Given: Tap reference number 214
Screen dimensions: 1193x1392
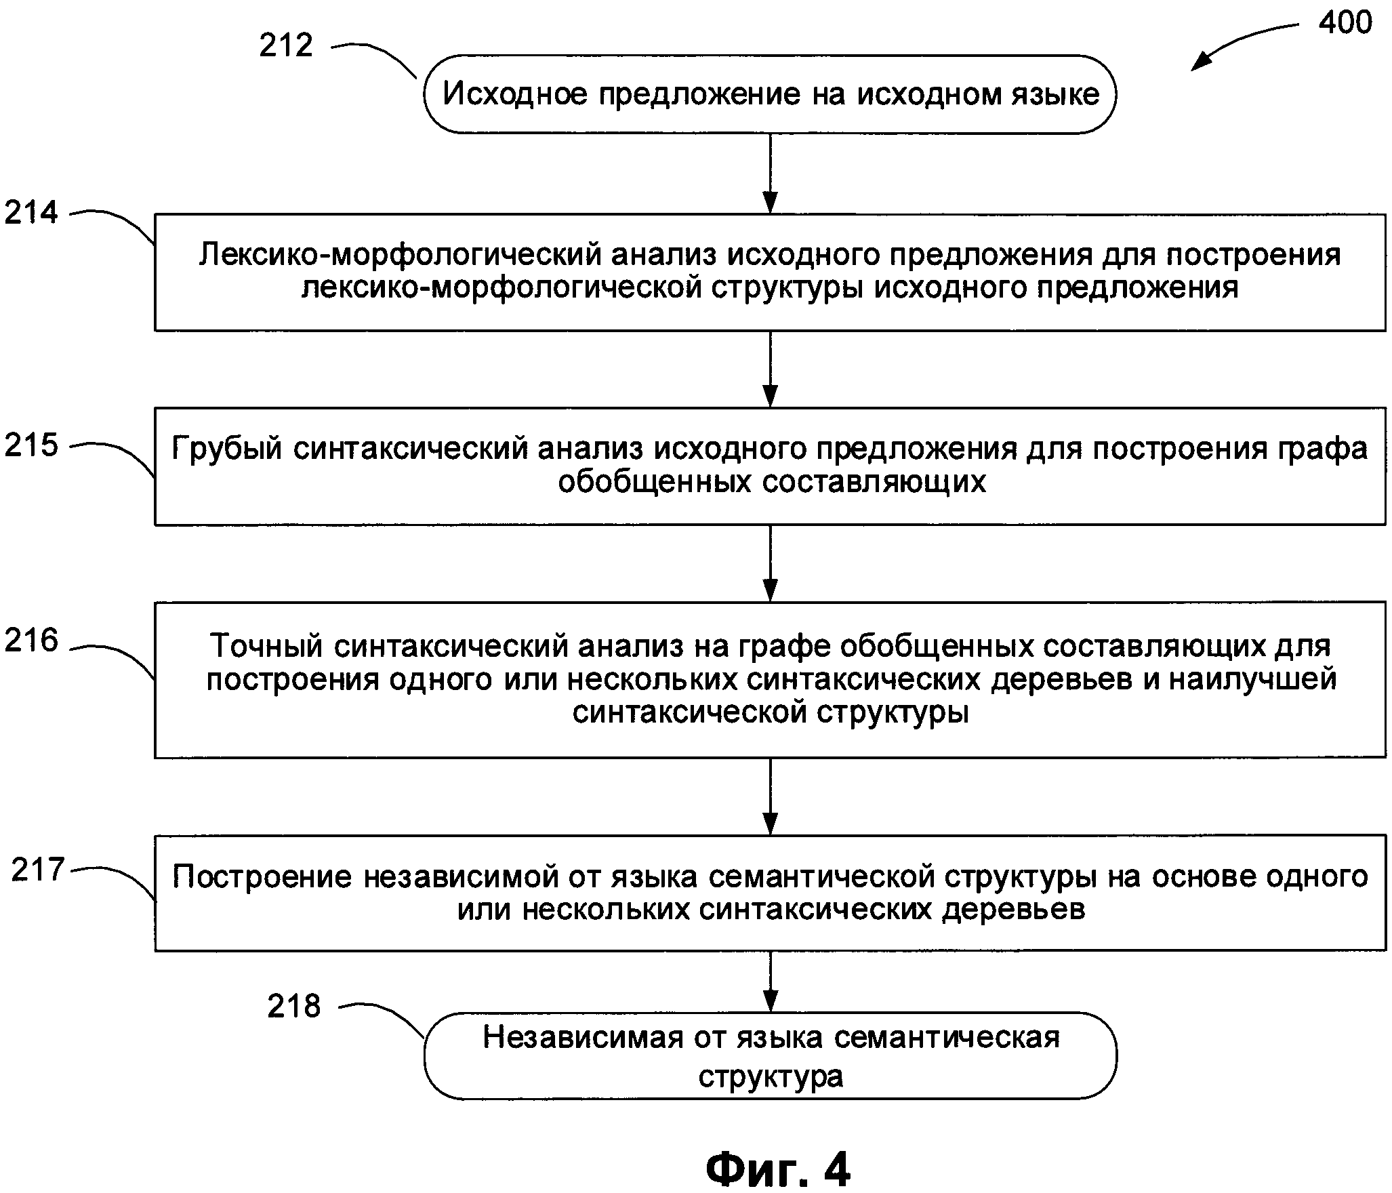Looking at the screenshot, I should [31, 213].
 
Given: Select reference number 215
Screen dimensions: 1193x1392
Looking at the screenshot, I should [31, 446].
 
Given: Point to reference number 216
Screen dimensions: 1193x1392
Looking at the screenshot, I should [31, 641].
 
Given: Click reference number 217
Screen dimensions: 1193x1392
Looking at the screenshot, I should [38, 870].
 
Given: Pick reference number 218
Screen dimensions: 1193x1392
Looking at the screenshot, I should [293, 1007].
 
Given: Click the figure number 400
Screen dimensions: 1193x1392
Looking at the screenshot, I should [1345, 23].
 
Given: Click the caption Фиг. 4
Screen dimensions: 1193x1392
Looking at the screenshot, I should [778, 1169].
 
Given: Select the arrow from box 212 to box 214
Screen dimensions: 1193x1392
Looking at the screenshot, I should [770, 174].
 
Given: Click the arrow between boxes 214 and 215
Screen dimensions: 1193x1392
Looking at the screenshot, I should [770, 369].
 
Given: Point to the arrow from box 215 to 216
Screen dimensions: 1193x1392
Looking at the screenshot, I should [770, 563].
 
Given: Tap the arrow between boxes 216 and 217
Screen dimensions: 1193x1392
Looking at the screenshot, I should [770, 796].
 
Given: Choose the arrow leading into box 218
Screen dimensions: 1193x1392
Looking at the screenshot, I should [770, 982].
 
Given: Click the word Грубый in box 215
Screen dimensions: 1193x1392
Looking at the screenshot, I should [226, 449].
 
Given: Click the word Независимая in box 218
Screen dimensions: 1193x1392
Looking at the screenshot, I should [583, 1038].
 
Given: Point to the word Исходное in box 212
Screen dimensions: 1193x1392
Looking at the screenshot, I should [514, 94].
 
